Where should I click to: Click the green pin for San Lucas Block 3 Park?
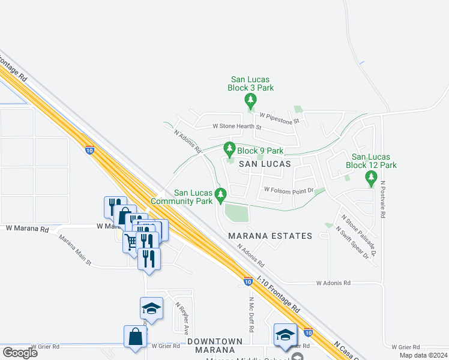pyautogui.click(x=251, y=101)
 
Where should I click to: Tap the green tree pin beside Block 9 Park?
pyautogui.click(x=229, y=148)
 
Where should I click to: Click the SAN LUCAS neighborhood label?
pyautogui.click(x=265, y=163)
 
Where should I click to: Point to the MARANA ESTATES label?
pyautogui.click(x=270, y=236)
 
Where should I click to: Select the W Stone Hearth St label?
pyautogui.click(x=238, y=127)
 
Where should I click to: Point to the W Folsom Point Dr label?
pyautogui.click(x=289, y=190)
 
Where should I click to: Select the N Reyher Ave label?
pyautogui.click(x=182, y=318)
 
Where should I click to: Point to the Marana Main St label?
pyautogui.click(x=75, y=250)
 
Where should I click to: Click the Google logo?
pyautogui.click(x=20, y=353)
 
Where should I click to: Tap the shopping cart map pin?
pyautogui.click(x=132, y=242)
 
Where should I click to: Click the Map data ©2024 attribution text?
pyautogui.click(x=423, y=355)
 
